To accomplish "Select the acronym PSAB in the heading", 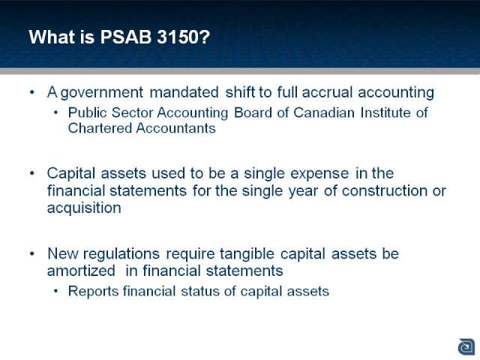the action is click(126, 37).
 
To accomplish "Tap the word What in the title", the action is click(52, 37).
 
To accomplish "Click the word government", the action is click(102, 93).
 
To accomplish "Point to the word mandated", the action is click(184, 92).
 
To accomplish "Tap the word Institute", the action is click(385, 112).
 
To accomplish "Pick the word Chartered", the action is click(100, 128).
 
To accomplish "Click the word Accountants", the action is click(175, 128).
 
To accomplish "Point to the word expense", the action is click(319, 174).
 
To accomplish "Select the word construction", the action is click(384, 190).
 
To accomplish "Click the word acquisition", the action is click(84, 208).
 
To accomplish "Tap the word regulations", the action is click(121, 254).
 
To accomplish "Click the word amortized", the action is click(81, 271).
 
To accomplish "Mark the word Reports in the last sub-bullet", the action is click(93, 292).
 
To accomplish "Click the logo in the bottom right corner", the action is click(466, 347).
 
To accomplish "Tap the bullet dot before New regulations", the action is click(32, 253).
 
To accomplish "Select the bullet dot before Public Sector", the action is click(55, 112).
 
